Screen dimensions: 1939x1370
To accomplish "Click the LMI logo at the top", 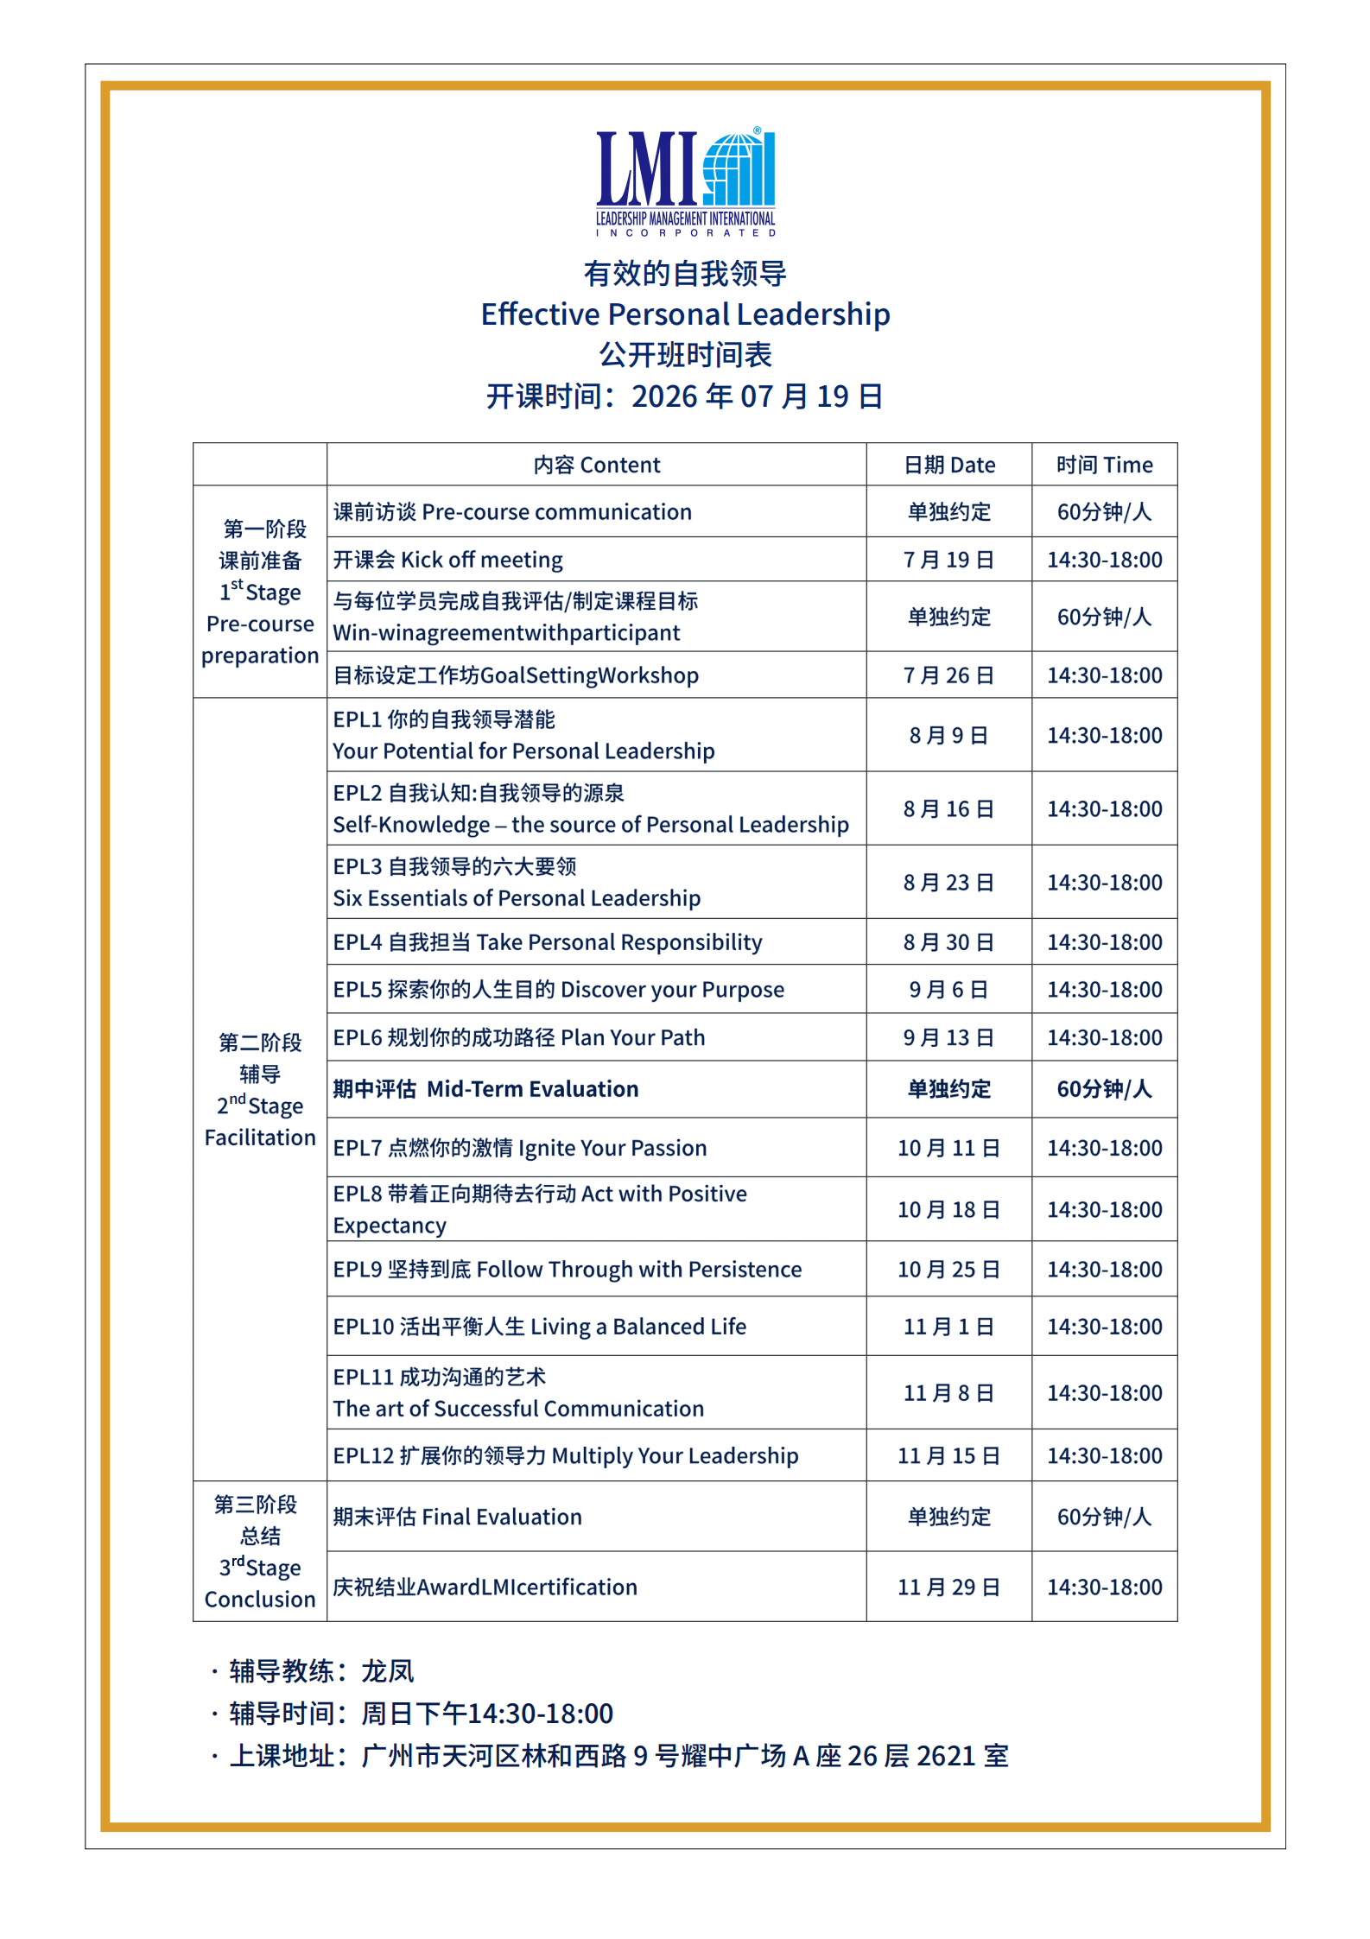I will (685, 181).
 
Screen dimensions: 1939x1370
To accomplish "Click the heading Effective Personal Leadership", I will (685, 314).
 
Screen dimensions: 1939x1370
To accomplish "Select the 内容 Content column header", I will (596, 466).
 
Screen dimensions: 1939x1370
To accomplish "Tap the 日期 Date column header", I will (948, 466).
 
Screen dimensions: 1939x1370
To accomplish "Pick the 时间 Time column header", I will (1104, 466).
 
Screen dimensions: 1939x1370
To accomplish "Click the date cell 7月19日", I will (948, 560).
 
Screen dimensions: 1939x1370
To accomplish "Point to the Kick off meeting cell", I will (448, 560).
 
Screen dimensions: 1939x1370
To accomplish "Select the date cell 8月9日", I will (948, 736).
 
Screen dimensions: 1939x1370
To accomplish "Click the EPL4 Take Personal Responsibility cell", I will (548, 942).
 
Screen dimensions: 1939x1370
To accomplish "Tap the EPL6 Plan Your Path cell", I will (519, 1037).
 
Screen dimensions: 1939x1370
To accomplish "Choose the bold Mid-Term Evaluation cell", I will (485, 1089).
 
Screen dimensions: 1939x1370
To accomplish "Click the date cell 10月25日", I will (948, 1270).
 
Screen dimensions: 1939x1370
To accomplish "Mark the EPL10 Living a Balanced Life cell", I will (540, 1327).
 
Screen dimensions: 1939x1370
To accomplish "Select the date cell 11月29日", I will (948, 1587).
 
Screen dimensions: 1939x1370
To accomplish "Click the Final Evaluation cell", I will (458, 1518).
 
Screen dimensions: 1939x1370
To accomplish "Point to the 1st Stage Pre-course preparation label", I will (260, 592).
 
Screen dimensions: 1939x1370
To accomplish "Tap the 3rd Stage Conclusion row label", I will (260, 1552).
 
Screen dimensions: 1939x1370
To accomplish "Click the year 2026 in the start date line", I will (663, 397).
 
